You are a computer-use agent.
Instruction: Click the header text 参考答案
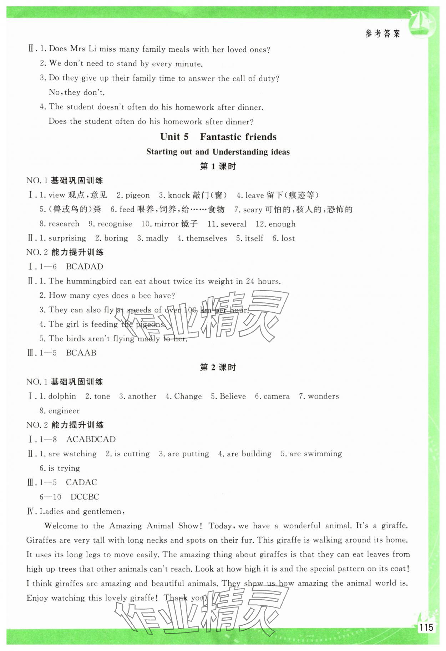(x=382, y=34)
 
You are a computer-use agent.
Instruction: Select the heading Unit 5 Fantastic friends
(x=218, y=137)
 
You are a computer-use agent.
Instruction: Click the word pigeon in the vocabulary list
(x=137, y=195)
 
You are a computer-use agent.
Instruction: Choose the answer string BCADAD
(x=85, y=267)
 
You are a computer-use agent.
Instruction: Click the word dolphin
(x=62, y=396)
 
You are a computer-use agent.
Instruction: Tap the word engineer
(x=64, y=411)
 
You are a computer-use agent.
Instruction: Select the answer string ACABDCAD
(x=91, y=439)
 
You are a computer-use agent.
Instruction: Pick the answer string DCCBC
(x=85, y=497)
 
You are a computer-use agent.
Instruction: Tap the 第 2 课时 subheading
(x=218, y=368)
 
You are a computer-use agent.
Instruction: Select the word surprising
(x=67, y=239)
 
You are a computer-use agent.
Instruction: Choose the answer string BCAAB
(x=81, y=353)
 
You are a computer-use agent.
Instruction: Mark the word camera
(x=277, y=396)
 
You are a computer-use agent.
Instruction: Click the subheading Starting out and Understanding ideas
(x=218, y=152)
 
